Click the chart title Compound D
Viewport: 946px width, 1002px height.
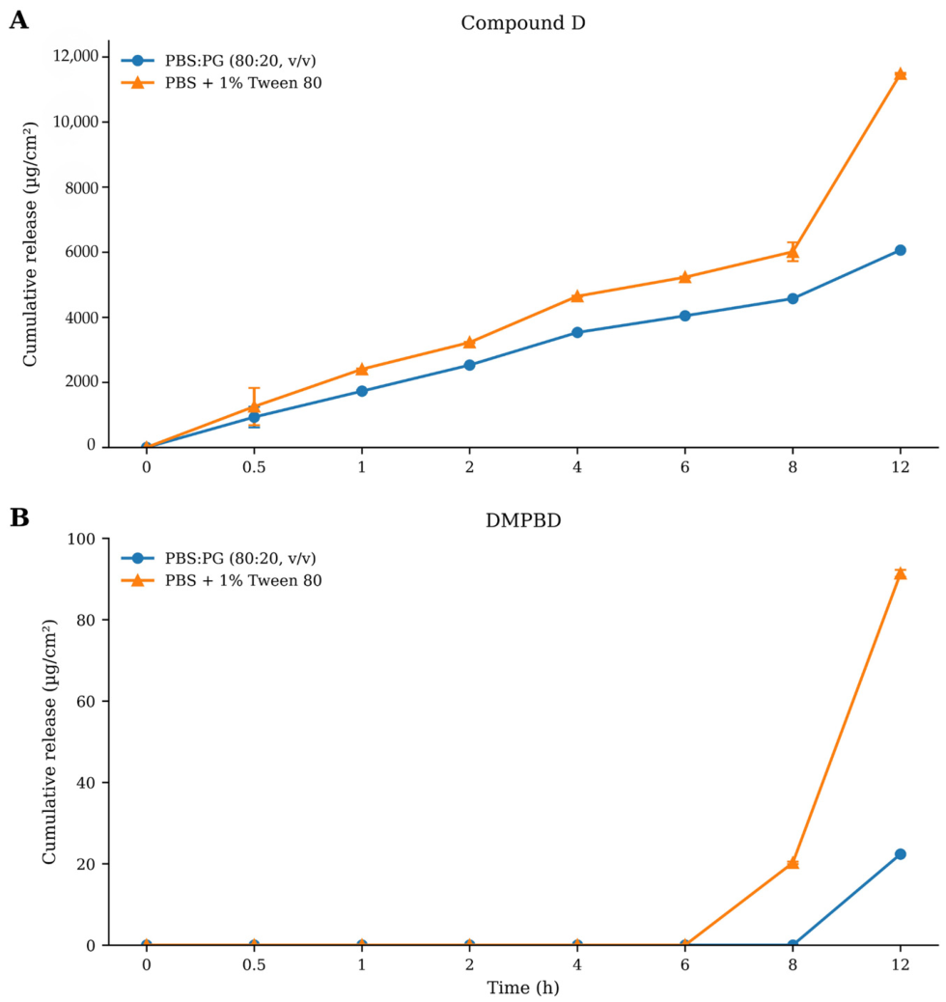(523, 23)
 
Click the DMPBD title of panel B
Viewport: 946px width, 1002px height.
(523, 521)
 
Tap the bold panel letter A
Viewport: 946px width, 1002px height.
(18, 20)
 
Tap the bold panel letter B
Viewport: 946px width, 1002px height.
(19, 517)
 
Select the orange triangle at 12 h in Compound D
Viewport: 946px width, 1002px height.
(900, 74)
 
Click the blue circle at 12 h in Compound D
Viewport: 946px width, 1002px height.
(900, 250)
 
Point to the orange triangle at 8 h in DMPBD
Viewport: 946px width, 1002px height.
(793, 863)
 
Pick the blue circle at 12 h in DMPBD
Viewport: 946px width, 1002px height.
(900, 853)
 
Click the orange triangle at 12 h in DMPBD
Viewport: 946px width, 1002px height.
(900, 573)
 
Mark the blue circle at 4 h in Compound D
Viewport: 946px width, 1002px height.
(577, 332)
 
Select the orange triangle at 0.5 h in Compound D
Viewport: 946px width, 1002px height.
(254, 406)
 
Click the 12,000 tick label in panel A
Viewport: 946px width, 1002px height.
(76, 56)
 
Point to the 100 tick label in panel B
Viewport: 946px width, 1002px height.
(81, 540)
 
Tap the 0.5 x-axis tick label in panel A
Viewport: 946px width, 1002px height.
(254, 467)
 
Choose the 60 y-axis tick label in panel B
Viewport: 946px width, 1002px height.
(86, 702)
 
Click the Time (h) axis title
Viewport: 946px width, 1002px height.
(523, 988)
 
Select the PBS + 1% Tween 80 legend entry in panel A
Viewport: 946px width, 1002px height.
(222, 83)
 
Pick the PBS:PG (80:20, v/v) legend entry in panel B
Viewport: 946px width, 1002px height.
(218, 559)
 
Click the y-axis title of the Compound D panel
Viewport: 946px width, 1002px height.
(30, 245)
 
